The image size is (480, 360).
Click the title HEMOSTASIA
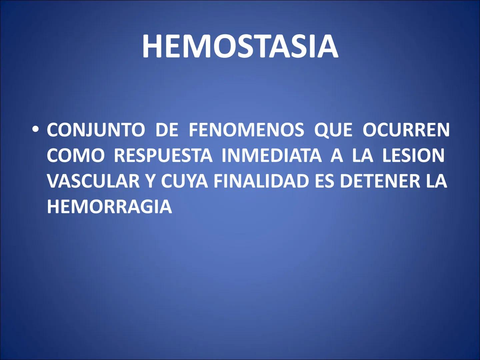tap(240, 46)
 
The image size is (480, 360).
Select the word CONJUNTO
tap(96, 130)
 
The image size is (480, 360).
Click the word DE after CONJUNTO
tap(167, 130)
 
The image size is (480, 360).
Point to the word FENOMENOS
tap(246, 130)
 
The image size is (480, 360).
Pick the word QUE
tap(333, 130)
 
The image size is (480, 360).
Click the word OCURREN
tap(406, 130)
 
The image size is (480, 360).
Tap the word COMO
tap(75, 155)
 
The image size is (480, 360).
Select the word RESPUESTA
tap(163, 155)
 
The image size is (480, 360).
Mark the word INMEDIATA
tap(271, 155)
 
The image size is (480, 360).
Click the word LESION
tap(413, 155)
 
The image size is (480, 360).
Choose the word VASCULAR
tap(93, 181)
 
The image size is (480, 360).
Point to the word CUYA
tap(185, 181)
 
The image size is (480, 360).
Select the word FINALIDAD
tap(261, 181)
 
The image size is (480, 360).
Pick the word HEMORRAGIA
tap(109, 207)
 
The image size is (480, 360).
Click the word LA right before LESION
tap(363, 155)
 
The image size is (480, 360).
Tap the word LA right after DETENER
tap(436, 181)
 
